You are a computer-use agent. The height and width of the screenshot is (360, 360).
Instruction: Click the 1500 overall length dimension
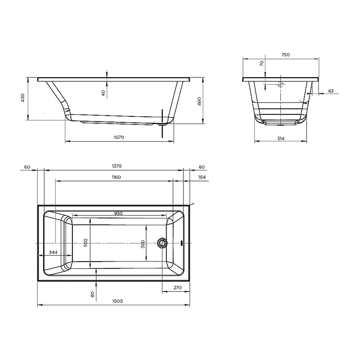(117, 301)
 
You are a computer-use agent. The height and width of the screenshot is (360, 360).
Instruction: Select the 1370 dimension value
(117, 166)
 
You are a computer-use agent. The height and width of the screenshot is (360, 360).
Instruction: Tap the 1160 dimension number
(116, 177)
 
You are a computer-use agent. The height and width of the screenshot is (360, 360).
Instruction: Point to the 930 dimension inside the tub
(118, 213)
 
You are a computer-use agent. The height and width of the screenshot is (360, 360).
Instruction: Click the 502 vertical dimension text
(86, 242)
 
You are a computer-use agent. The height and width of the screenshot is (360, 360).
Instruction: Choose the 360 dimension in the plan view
(143, 244)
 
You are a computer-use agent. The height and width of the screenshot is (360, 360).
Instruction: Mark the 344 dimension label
(53, 252)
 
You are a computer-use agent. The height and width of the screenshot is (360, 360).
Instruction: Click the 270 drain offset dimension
(178, 288)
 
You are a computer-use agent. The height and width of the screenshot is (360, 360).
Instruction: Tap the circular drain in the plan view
(162, 243)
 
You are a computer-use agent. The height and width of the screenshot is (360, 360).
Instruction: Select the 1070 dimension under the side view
(119, 137)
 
